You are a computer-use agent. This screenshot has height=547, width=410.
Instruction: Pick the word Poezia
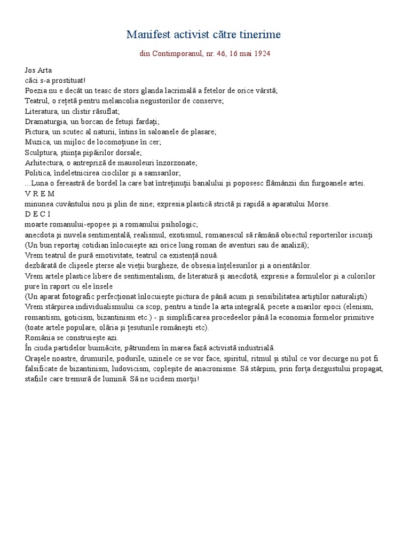[x=36, y=90]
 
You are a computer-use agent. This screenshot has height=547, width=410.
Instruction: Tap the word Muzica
[x=37, y=142]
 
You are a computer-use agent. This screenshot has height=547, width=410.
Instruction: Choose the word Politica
[x=38, y=173]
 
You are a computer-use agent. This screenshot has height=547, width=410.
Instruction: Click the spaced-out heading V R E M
[x=40, y=193]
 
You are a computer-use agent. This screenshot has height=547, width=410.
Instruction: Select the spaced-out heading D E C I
[x=37, y=214]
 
